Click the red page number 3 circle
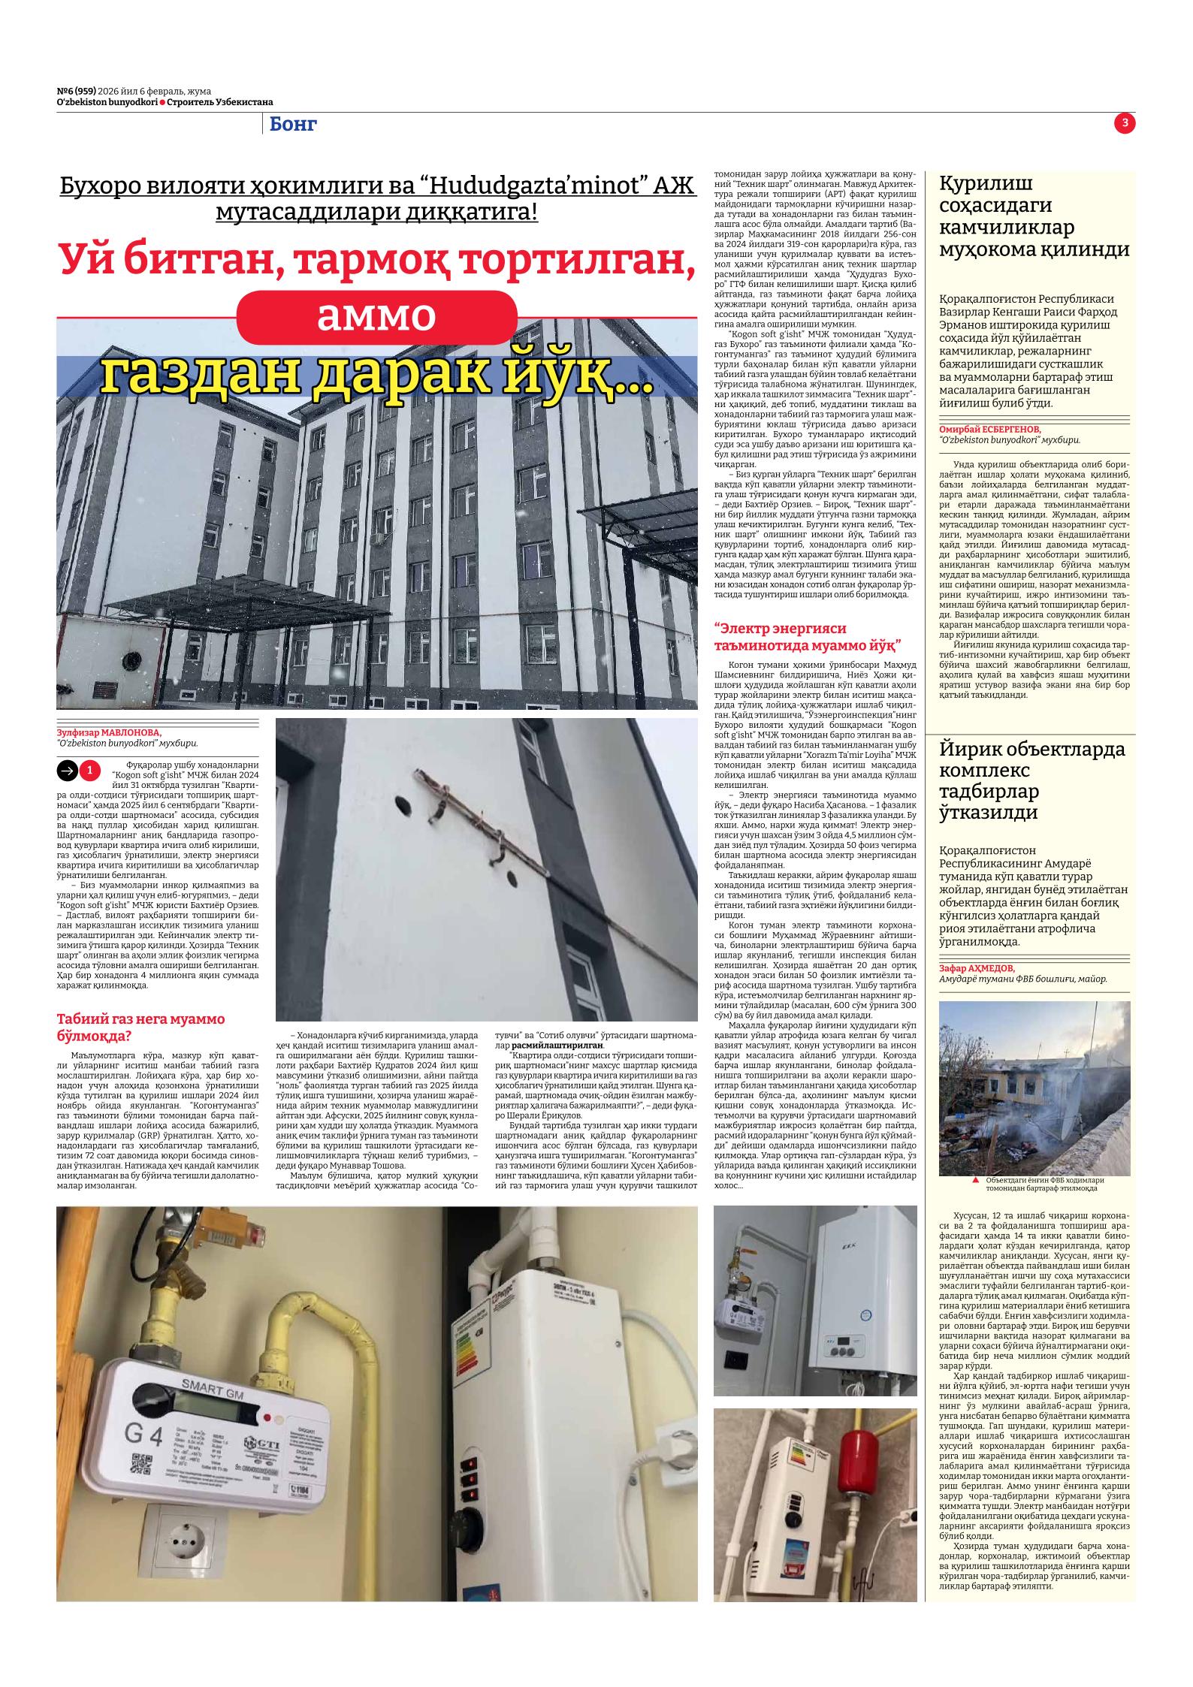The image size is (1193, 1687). coord(1125,124)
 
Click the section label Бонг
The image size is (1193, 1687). coord(293,125)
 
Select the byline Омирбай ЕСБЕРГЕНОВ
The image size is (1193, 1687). coord(990,429)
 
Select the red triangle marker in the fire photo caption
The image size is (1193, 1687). coord(975,1181)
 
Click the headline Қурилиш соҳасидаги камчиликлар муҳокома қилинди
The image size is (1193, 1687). coord(1034,216)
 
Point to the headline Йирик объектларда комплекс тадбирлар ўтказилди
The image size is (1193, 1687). coord(1032,781)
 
